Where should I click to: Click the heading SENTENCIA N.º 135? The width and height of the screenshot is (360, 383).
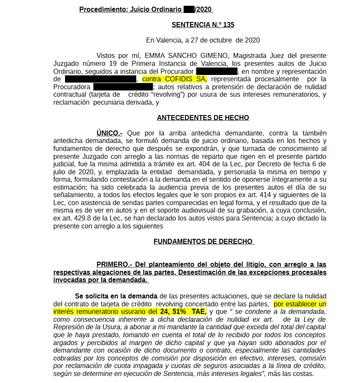203,25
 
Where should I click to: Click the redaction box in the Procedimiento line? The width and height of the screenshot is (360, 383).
189,9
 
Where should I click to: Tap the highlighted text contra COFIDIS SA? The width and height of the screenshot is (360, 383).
175,79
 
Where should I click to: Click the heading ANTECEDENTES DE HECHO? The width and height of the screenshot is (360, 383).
203,118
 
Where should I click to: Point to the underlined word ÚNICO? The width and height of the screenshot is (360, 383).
109,133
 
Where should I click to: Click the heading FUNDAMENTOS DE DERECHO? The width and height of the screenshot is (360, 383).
203,241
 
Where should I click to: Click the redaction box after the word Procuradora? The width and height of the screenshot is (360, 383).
123,87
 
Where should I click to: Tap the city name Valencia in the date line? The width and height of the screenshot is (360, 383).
168,40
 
